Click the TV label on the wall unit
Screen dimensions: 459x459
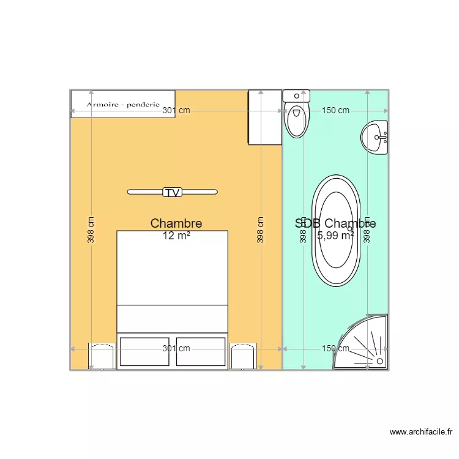pos(173,192)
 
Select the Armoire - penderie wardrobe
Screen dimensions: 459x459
pos(123,103)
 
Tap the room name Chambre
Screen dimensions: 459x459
pos(176,224)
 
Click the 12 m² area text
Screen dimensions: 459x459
pos(176,236)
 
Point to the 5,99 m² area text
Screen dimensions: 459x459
pos(335,235)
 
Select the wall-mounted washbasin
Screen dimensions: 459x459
pos(375,138)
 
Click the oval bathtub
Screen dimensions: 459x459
pos(335,231)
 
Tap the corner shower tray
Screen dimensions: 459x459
pos(365,346)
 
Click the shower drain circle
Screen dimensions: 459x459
pos(381,362)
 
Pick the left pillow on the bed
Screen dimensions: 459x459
pos(144,351)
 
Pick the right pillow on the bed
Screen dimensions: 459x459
pos(201,351)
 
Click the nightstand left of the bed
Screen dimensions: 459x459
pos(102,357)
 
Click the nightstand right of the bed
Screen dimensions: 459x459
pos(242,357)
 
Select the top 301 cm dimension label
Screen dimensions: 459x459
pos(176,111)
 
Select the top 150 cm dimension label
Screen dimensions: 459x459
pos(335,111)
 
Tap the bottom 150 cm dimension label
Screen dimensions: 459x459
pos(335,349)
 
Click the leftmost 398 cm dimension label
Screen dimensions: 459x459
pos(91,231)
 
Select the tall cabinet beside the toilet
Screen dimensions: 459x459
pos(265,117)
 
